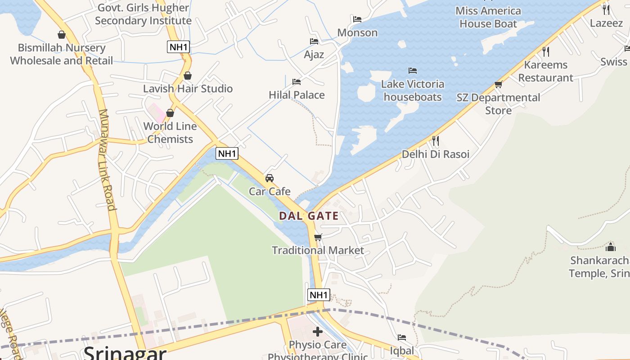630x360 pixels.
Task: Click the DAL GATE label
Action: [x=309, y=216]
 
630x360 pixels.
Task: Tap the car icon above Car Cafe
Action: [x=270, y=178]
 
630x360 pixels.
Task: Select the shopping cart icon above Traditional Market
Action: [x=318, y=237]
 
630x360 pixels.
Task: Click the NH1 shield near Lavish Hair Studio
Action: [x=178, y=46]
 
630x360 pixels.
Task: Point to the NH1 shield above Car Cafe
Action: [x=227, y=153]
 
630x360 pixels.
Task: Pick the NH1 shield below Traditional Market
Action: [x=319, y=295]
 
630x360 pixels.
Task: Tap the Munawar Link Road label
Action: [x=107, y=160]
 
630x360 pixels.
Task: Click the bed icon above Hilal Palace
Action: [x=297, y=82]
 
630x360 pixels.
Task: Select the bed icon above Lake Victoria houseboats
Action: [x=413, y=71]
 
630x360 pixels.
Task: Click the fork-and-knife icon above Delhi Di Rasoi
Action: [x=435, y=141]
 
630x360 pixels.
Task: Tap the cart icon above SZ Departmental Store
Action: [x=498, y=85]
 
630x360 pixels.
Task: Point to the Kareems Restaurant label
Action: [x=545, y=71]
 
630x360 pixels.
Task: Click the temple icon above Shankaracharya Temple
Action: [x=611, y=247]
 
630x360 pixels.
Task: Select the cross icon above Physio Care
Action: [x=318, y=332]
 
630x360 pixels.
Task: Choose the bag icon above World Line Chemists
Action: [x=170, y=113]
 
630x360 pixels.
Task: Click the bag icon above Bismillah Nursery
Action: [x=62, y=35]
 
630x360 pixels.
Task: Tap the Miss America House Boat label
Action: [x=488, y=17]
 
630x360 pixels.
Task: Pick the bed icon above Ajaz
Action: [x=314, y=41]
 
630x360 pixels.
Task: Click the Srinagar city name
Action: [x=125, y=353]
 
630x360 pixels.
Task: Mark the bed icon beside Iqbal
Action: [x=402, y=337]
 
